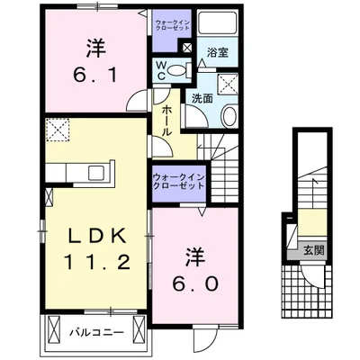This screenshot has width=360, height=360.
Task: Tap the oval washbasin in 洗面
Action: point(228,116)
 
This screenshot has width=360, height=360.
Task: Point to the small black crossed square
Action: point(186,49)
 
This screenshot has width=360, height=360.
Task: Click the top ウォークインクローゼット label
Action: point(166,22)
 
